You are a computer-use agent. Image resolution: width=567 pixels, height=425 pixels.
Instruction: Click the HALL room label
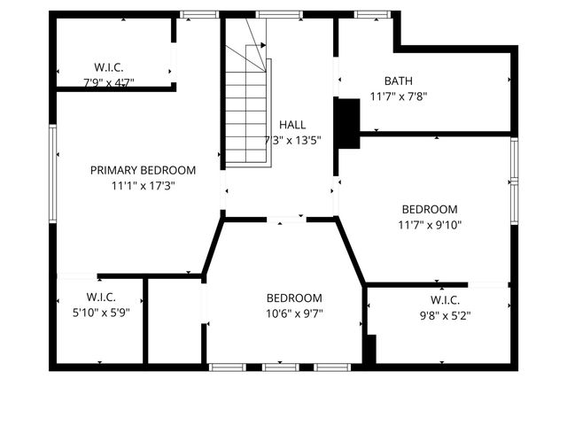point(292,125)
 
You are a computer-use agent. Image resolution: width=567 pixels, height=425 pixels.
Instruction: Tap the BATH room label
point(398,81)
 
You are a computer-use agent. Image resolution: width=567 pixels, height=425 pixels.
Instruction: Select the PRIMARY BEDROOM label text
point(143,170)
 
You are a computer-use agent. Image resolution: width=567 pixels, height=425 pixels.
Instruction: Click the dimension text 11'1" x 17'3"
point(143,187)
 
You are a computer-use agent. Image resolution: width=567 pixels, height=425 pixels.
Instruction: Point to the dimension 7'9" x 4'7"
point(109,82)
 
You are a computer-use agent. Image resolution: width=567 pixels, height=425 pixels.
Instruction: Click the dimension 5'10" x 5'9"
point(101,312)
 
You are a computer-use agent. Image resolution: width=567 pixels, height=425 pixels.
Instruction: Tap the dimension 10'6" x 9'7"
point(294,313)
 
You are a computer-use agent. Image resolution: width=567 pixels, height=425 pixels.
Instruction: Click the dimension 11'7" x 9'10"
point(431,225)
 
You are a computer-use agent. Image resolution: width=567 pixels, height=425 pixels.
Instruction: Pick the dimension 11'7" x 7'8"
point(398,97)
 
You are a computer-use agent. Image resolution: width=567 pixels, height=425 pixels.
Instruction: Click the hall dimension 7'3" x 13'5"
point(292,140)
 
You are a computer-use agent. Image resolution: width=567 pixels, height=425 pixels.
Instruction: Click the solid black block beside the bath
point(348,123)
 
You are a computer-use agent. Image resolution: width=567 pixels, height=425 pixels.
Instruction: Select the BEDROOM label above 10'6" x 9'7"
point(294,298)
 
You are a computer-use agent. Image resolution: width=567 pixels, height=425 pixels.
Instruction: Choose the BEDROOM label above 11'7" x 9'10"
point(430,209)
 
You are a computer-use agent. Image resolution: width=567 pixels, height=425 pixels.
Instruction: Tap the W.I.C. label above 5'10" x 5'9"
point(101,297)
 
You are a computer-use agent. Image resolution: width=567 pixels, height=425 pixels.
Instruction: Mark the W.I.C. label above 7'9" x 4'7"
point(109,67)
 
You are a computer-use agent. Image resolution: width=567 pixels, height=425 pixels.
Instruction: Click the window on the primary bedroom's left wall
point(53,173)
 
